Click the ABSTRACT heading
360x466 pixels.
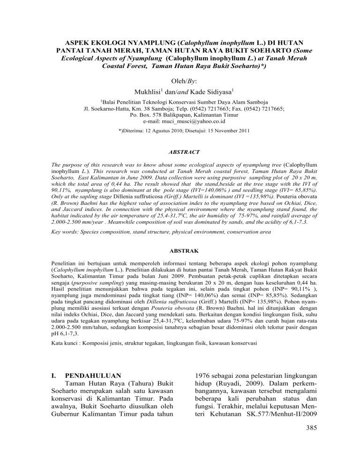point(180,152)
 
